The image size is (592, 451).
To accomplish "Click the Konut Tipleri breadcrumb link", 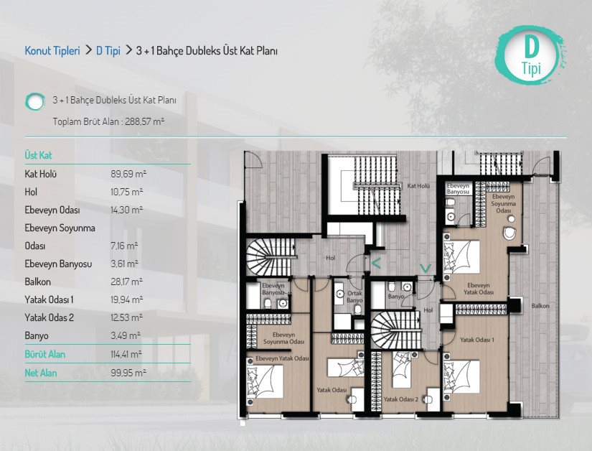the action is [x=52, y=50].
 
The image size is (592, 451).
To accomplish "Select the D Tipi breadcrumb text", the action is [x=108, y=50].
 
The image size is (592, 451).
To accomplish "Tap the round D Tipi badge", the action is [x=531, y=55].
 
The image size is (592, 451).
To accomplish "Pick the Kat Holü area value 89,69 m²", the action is [x=128, y=174].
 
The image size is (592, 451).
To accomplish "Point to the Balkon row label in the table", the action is [x=38, y=282].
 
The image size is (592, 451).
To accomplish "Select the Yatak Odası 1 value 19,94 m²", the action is [x=127, y=300].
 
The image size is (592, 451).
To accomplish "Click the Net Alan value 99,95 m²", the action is [x=128, y=373].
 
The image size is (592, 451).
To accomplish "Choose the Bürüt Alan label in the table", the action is [x=45, y=354].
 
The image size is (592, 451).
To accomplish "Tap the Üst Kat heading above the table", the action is [x=39, y=155].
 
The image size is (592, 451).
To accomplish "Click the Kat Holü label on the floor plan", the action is [x=418, y=186].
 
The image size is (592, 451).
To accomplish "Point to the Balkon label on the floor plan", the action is [x=540, y=306].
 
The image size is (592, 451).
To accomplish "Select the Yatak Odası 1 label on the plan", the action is [x=477, y=340].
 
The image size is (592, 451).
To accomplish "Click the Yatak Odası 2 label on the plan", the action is [x=401, y=399].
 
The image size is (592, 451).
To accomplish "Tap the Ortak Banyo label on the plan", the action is [x=354, y=297].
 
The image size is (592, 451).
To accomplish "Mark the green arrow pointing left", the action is [x=376, y=263].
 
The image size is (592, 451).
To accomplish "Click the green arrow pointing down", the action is [x=426, y=269].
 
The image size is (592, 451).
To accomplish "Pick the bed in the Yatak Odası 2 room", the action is [x=402, y=370].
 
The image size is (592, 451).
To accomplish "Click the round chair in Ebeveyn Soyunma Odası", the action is [x=509, y=233].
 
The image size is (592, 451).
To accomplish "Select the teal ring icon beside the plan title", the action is [x=35, y=101].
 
